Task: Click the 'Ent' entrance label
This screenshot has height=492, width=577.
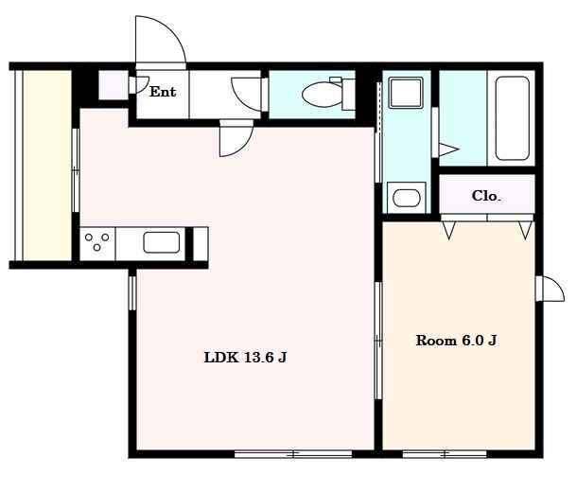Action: click(163, 92)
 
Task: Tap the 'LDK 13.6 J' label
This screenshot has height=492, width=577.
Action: click(245, 358)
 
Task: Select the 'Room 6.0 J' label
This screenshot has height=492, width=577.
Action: click(456, 341)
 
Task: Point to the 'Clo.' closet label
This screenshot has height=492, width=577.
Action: click(486, 196)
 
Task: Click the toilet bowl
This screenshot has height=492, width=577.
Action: click(323, 94)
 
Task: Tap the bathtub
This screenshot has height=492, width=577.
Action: click(512, 118)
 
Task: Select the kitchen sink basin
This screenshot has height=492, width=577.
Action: click(162, 242)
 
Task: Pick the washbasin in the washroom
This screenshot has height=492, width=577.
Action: click(407, 198)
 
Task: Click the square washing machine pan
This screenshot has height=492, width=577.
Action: click(406, 93)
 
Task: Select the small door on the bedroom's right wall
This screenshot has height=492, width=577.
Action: click(551, 289)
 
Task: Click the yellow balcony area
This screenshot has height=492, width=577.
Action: click(47, 166)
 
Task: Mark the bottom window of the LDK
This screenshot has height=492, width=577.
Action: click(293, 454)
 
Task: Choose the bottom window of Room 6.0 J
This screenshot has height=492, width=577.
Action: click(445, 454)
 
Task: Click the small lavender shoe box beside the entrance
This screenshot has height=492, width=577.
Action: click(114, 85)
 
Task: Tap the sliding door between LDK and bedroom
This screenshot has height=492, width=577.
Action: click(378, 341)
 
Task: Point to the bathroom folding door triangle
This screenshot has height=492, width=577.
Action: click(448, 149)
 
